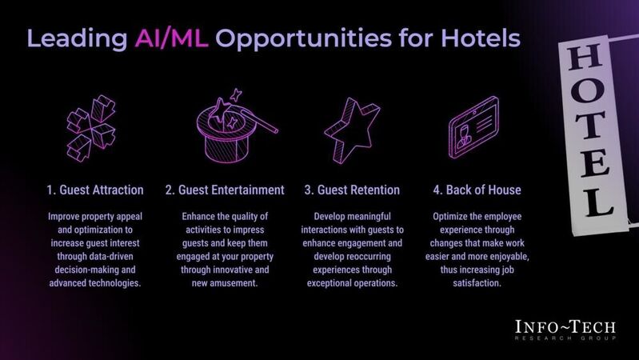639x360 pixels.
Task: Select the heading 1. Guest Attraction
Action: (x=94, y=190)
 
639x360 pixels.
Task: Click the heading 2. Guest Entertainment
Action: (x=225, y=190)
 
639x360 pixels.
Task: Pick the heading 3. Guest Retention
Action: (x=352, y=190)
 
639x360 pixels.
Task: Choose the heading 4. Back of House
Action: (x=477, y=190)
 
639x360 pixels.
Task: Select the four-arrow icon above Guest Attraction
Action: (x=93, y=128)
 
